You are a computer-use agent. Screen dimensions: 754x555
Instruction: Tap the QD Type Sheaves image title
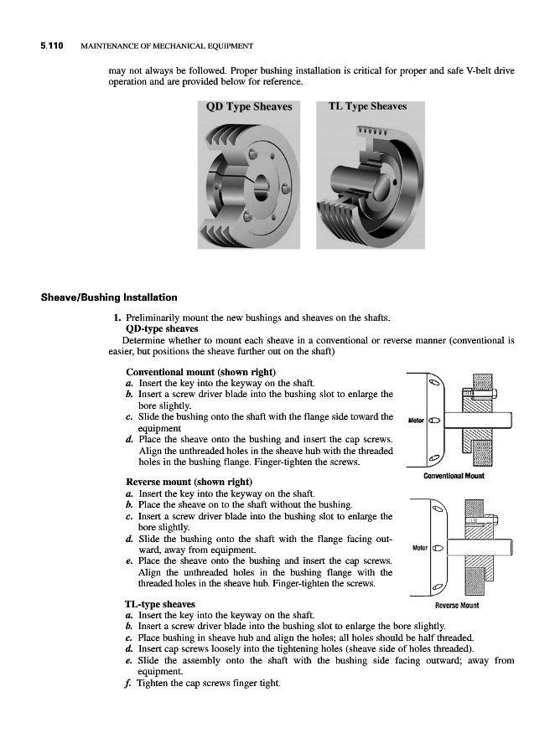click(249, 107)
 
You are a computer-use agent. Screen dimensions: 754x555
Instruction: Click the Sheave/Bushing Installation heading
click(109, 297)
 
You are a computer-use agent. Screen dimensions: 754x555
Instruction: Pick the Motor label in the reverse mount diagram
click(416, 549)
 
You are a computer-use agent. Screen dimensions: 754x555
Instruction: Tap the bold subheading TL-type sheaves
click(160, 604)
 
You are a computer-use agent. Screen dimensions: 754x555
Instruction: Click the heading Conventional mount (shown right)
click(201, 372)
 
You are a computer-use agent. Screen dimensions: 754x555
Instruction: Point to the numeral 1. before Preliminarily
click(117, 318)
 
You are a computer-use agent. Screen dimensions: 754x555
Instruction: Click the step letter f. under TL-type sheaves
click(128, 682)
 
